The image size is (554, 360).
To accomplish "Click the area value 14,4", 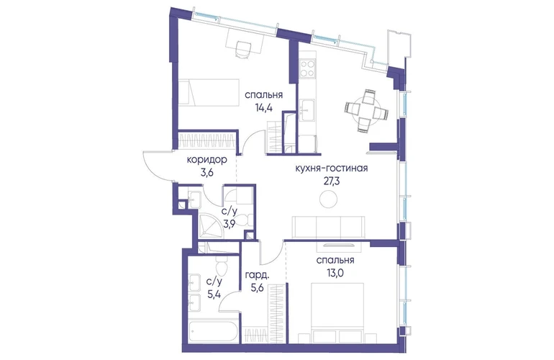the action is pos(263,108).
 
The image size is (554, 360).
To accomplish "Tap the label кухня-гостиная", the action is pos(332,168).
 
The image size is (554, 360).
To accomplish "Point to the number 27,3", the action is pos(331,181).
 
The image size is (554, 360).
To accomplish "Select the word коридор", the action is pos(206,160).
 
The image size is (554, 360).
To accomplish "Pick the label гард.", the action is pos(257,276).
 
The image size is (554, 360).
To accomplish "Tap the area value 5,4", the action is pos(214,294).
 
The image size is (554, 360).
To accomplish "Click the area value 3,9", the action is pos(229,224).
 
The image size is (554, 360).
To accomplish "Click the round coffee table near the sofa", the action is pos(329,199).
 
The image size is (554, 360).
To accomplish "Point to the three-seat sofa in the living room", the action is pos(327,228).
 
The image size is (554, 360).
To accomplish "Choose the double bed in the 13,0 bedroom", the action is pos(337,312).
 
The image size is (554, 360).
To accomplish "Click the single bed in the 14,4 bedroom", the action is pos(208,92).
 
